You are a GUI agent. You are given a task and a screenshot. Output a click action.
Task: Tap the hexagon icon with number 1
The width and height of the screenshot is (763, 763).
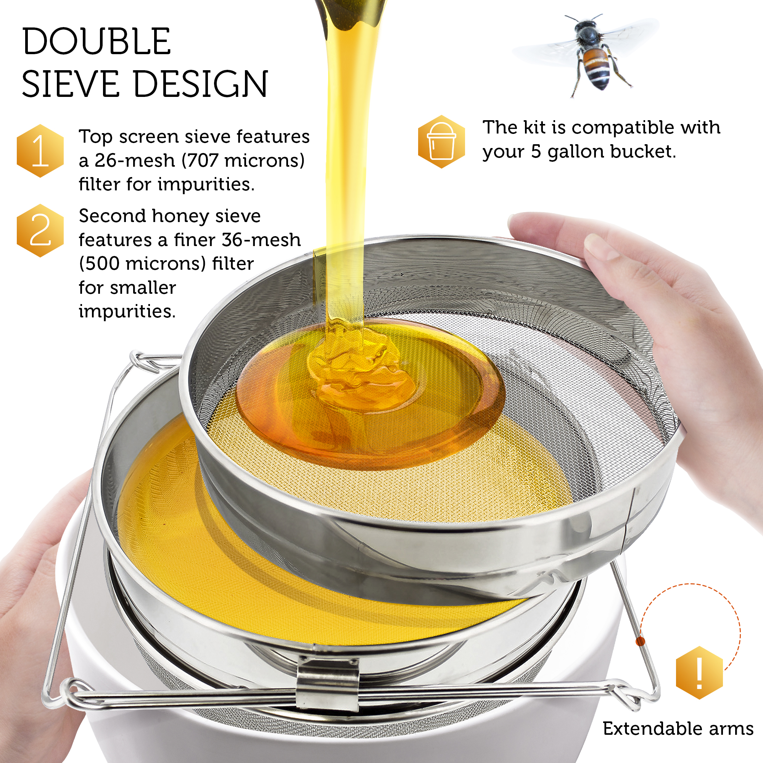click(40, 151)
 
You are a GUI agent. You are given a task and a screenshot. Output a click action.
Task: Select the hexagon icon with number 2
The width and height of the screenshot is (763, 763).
click(40, 231)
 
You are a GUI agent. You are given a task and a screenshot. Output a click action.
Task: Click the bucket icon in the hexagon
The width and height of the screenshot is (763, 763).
click(441, 142)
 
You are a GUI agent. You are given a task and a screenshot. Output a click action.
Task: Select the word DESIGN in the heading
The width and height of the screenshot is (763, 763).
click(201, 84)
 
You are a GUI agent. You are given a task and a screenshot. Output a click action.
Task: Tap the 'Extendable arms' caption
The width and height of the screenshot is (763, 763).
click(678, 729)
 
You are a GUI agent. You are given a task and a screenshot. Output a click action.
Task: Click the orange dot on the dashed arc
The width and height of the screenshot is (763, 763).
click(641, 641)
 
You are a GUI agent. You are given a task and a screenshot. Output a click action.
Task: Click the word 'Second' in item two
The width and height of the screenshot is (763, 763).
click(113, 216)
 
